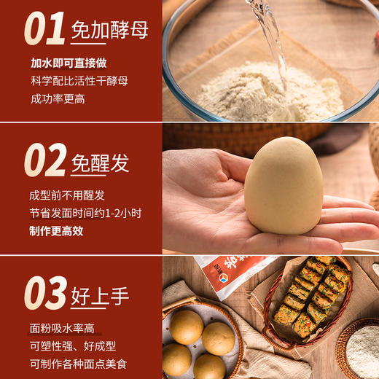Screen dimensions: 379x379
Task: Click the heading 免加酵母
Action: [x=109, y=30]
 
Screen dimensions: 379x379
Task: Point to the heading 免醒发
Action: [x=100, y=163]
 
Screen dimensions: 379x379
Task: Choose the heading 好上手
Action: [x=100, y=296]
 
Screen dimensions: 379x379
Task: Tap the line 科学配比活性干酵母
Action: [x=80, y=81]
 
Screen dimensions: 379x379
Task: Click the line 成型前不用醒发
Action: [x=68, y=195]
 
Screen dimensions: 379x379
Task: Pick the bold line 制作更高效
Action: [x=57, y=231]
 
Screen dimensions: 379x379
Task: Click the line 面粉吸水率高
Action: [x=62, y=329]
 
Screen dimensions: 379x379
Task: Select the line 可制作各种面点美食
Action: [x=80, y=364]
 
